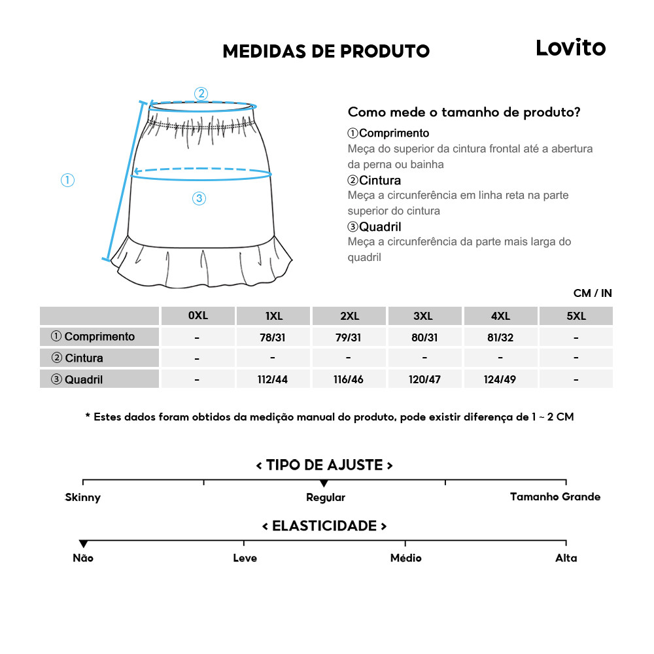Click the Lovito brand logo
[x=570, y=48]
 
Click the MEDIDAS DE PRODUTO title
[x=326, y=52]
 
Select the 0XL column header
[x=198, y=316]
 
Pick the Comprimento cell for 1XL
[x=273, y=337]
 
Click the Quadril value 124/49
[x=500, y=379]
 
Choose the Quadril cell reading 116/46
[x=349, y=379]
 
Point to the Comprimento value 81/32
[x=500, y=337]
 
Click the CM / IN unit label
[x=593, y=293]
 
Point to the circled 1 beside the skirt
[x=67, y=180]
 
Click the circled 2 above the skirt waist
[x=201, y=94]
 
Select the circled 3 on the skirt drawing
[x=199, y=199]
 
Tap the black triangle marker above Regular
[x=324, y=483]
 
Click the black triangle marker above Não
[x=83, y=544]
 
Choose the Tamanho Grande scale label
[x=555, y=497]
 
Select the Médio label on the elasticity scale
[x=405, y=558]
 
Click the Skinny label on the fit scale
[x=83, y=498]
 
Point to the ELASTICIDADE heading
[x=324, y=526]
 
